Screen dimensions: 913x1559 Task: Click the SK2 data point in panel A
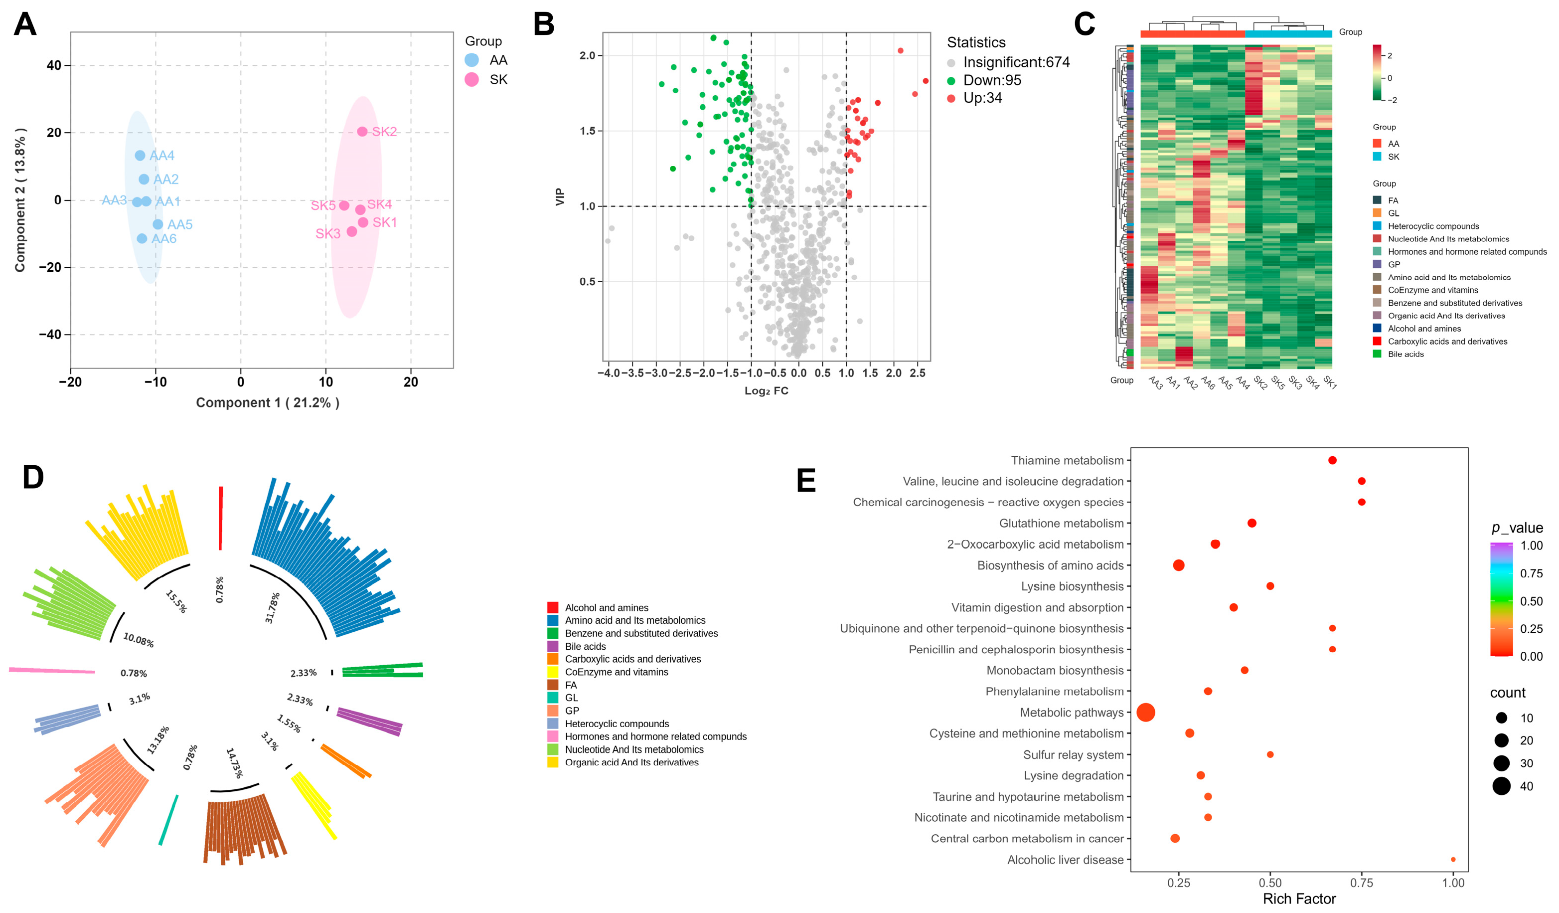pos(362,132)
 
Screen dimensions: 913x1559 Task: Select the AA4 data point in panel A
pos(140,156)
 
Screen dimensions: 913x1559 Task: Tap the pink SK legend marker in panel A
pos(471,79)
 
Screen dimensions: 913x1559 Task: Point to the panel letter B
pos(544,25)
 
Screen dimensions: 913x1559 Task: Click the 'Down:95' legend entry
pos(992,80)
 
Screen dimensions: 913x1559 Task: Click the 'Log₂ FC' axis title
pos(766,390)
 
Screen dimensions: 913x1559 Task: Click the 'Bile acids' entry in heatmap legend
pos(1405,354)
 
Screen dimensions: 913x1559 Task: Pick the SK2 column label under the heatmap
pos(1259,382)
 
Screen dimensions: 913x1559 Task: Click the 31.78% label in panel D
pos(272,607)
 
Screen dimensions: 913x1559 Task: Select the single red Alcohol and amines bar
pos(220,518)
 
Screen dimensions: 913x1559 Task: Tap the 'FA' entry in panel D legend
pos(570,685)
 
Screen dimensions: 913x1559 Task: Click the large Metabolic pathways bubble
pos(1146,713)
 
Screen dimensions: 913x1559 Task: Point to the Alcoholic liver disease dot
pos(1453,860)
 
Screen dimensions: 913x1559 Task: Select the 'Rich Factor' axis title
pos(1299,899)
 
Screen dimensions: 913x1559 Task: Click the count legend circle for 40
pos(1502,786)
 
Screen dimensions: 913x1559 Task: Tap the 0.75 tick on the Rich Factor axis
pos(1362,883)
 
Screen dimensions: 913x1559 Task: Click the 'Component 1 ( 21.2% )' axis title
pos(267,403)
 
